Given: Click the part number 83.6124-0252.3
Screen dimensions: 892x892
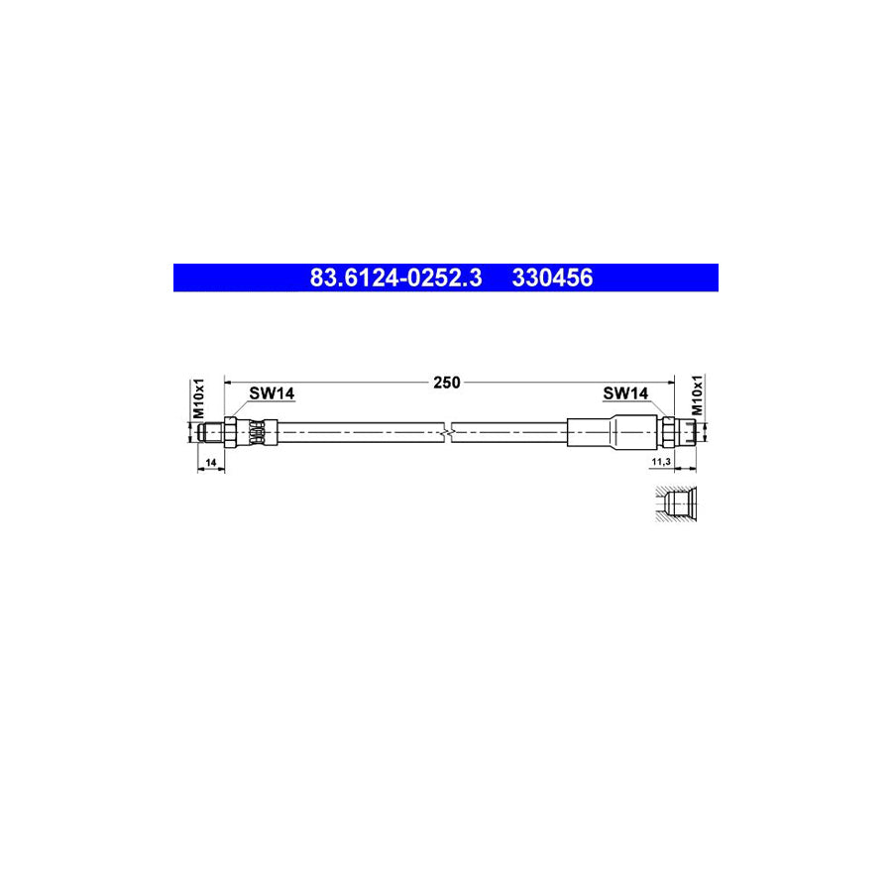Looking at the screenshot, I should (395, 279).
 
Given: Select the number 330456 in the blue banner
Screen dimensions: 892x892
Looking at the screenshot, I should (552, 279).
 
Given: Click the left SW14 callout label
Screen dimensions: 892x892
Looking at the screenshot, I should (272, 394).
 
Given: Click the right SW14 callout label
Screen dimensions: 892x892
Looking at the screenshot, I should (625, 394).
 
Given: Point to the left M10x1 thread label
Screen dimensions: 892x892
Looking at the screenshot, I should (198, 397).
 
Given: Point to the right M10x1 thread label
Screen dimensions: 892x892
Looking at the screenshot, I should (697, 395).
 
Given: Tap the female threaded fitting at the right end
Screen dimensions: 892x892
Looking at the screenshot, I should (688, 432).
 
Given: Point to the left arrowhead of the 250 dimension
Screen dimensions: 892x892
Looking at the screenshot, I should (230, 382).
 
